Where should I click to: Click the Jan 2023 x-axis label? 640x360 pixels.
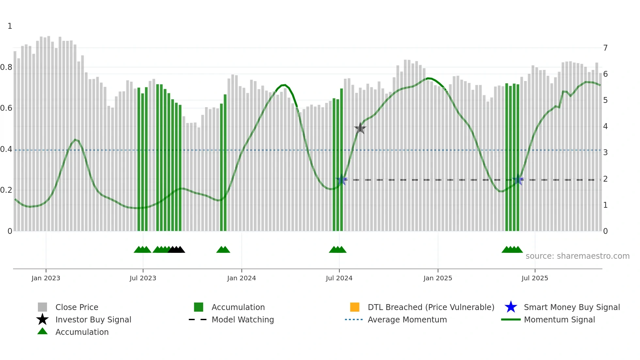point(46,278)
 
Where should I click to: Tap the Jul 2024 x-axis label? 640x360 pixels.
point(339,278)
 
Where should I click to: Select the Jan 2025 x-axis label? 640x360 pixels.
point(438,278)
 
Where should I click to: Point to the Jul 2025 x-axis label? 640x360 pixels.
point(535,278)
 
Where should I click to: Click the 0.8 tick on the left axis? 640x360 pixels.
point(7,67)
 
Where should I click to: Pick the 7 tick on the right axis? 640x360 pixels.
point(605,48)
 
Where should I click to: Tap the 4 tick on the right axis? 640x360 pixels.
point(605,126)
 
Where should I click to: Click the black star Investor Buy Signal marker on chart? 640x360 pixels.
point(360,128)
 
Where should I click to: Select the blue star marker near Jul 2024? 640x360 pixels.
point(342,180)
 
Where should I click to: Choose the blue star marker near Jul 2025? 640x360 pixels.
point(518,180)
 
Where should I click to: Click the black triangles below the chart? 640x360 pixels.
point(176,250)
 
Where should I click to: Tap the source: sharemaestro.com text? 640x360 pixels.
point(577,256)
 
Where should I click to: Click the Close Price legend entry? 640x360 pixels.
point(76,307)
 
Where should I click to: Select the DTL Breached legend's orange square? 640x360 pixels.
point(355,307)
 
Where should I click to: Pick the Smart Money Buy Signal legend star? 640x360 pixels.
point(511,307)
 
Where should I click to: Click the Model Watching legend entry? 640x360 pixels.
point(242,319)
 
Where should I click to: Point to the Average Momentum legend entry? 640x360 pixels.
point(407,319)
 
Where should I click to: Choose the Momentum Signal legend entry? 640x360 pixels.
point(559,319)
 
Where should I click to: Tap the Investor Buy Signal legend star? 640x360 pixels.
point(42,319)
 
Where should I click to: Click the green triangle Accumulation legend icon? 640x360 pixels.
point(42,331)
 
